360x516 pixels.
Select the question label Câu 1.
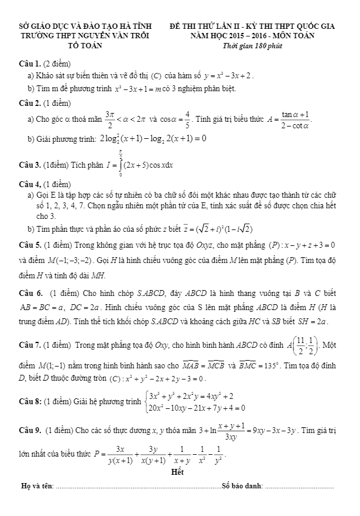[x=29, y=63]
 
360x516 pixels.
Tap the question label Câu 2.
[x=29, y=102]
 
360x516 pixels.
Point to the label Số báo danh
[x=241, y=486]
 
